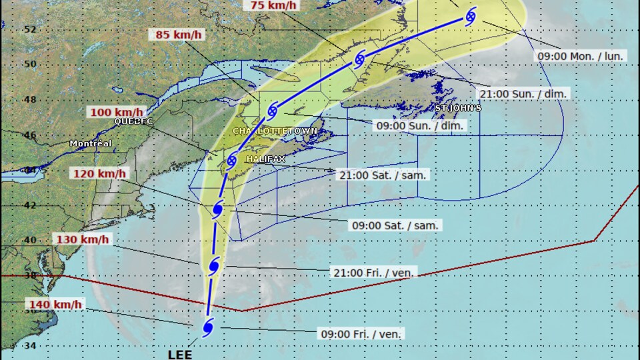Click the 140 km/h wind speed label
click(55, 305)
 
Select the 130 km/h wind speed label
click(83, 239)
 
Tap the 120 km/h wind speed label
click(100, 174)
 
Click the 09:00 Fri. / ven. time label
click(361, 334)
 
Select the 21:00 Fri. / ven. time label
click(375, 272)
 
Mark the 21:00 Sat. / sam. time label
click(383, 175)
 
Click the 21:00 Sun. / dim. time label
click(524, 94)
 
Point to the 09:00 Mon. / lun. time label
click(581, 56)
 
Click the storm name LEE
click(179, 354)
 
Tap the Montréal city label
click(91, 143)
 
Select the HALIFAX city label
click(265, 159)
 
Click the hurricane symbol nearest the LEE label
click(207, 327)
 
